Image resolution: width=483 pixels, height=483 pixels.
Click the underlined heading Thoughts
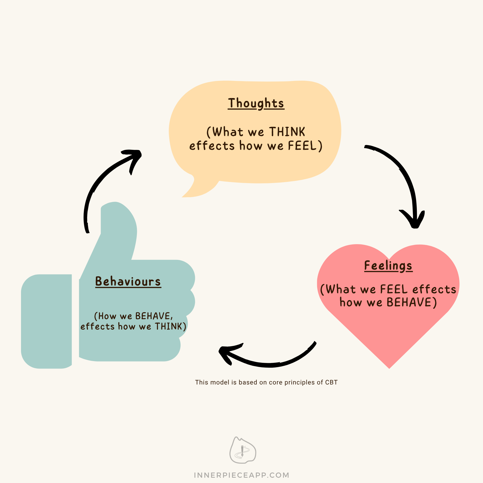tap(256, 104)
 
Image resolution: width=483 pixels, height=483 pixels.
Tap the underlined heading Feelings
tap(388, 266)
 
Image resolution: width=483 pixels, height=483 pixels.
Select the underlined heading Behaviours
tap(128, 282)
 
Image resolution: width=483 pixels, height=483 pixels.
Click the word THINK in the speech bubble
tap(287, 132)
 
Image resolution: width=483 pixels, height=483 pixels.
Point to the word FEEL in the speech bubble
tap(303, 146)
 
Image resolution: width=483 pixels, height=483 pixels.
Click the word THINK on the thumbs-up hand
tap(169, 327)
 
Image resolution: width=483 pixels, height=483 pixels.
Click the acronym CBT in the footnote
tap(331, 383)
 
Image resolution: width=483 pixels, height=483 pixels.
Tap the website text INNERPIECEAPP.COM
tap(241, 475)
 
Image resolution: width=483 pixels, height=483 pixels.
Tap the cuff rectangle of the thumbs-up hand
tap(47, 321)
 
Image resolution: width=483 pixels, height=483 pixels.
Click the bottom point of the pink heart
tap(389, 368)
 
